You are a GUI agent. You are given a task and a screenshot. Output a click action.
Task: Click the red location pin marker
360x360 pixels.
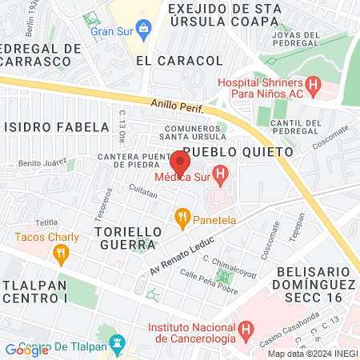click(x=179, y=163)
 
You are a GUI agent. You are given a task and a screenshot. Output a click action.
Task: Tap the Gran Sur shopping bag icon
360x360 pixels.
click(x=143, y=31)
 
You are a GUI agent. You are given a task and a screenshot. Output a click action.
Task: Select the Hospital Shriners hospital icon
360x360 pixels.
click(x=314, y=84)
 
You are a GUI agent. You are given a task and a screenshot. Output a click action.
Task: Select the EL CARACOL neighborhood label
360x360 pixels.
click(x=178, y=61)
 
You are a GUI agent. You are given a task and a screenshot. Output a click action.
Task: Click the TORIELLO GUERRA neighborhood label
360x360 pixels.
click(x=123, y=238)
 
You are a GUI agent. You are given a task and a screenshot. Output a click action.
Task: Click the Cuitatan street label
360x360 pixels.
click(x=144, y=191)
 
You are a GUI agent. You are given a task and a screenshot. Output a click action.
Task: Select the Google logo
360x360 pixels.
click(x=27, y=350)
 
